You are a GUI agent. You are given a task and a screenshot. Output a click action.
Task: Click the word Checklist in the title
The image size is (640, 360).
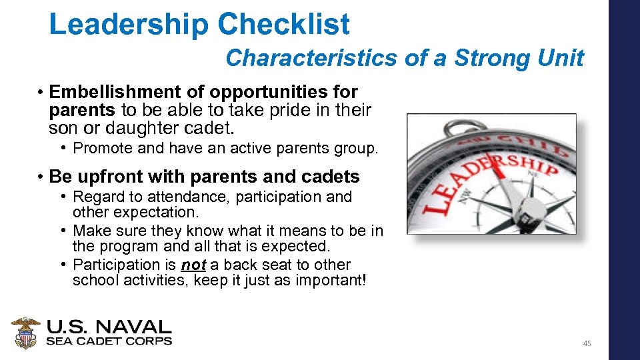click(283, 25)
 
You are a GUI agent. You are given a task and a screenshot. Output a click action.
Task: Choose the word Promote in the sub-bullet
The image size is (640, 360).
click(100, 148)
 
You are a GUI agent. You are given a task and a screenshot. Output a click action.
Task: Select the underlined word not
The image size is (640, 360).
click(193, 265)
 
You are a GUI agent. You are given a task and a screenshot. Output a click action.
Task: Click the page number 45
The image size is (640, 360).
click(587, 343)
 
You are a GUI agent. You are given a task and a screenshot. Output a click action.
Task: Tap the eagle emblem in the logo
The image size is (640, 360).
click(25, 333)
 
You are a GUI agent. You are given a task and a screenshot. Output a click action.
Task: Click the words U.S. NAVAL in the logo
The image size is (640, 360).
click(109, 327)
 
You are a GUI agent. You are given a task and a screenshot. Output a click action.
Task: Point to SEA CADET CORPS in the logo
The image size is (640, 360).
click(109, 341)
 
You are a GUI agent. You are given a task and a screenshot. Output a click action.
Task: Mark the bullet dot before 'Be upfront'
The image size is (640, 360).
click(41, 177)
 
